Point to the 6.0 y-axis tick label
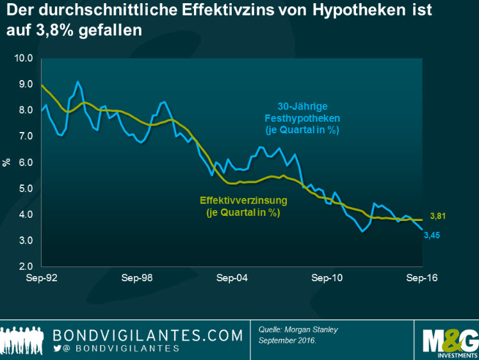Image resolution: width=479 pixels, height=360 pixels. point(24,163)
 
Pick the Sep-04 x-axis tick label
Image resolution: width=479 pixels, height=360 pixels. point(232,279)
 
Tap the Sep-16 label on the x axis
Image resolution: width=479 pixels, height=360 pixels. point(421,279)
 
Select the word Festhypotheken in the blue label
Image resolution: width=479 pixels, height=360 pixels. point(302,119)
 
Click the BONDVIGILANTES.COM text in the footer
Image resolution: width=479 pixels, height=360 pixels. point(149,335)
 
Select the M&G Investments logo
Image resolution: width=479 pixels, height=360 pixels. point(451,337)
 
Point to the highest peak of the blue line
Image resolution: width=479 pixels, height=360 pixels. point(77,82)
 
